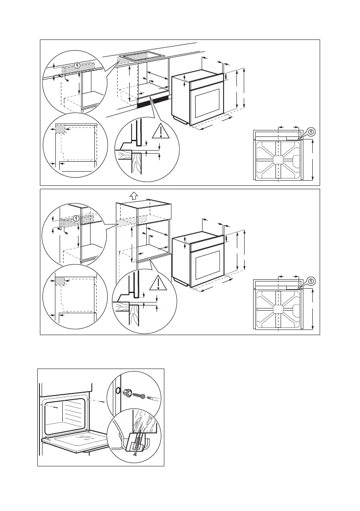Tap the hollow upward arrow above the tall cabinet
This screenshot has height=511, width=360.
133,195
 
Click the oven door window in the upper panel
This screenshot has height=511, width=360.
208,103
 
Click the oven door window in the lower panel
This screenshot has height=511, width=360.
208,260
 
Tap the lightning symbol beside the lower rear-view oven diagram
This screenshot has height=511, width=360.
312,281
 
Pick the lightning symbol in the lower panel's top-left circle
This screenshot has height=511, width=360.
77,218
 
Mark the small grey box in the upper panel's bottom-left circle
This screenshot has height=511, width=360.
60,129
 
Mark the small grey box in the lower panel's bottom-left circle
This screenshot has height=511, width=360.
60,281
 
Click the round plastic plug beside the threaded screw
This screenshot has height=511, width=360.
127,392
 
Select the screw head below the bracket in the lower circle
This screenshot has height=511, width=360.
135,455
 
